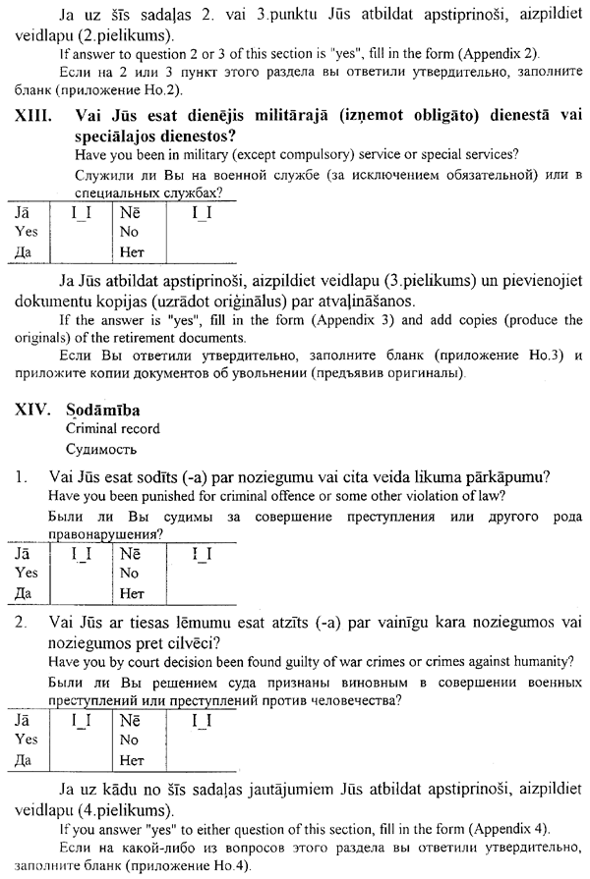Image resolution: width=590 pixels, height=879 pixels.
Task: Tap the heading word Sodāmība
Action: coord(102,410)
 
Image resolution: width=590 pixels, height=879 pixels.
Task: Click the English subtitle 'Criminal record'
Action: coord(112,429)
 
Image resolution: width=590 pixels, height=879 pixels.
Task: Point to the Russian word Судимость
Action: coord(101,450)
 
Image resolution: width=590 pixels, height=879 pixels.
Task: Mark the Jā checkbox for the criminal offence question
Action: coord(82,554)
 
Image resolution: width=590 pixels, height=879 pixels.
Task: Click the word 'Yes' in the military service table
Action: coord(27,231)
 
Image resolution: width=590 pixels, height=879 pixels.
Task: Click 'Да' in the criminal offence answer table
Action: coord(26,592)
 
